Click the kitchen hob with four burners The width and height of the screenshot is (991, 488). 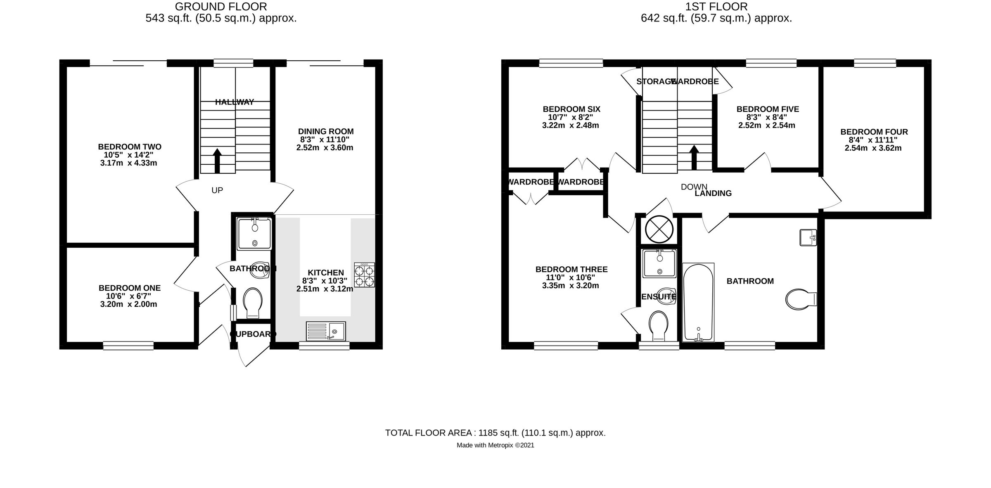(x=364, y=275)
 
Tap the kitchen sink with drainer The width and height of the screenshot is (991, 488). (x=326, y=331)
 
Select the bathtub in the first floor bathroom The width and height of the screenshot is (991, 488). (x=698, y=303)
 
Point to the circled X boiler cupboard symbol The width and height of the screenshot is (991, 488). (x=659, y=229)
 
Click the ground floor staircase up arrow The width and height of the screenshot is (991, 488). (x=217, y=161)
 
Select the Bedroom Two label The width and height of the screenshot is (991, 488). (x=130, y=147)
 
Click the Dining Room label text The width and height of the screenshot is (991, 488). (x=326, y=131)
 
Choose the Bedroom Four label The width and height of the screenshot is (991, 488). (x=874, y=132)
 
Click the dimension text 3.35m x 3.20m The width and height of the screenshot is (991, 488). (x=571, y=286)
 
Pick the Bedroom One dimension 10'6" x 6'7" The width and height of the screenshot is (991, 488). (x=128, y=296)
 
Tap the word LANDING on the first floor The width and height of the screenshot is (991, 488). (x=713, y=193)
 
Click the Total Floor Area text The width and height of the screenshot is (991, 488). (x=495, y=433)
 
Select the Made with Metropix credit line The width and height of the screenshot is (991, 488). (x=495, y=445)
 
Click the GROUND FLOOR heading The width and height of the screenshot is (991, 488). (x=221, y=7)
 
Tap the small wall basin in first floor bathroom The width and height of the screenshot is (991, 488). (x=808, y=237)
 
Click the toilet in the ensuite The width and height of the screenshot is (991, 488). (x=659, y=326)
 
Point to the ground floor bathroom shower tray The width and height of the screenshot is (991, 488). (x=254, y=234)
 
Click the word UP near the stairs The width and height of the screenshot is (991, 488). (x=217, y=190)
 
